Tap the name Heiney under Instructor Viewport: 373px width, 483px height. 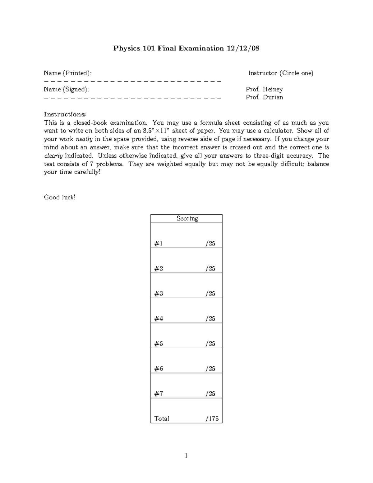click(273, 89)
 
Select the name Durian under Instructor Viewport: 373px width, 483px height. click(273, 97)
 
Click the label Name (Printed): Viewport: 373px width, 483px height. click(68, 73)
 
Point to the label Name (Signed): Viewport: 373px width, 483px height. click(66, 89)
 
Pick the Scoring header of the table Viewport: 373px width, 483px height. click(187, 218)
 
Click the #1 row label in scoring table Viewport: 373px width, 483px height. click(159, 244)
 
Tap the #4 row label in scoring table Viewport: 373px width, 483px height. click(159, 318)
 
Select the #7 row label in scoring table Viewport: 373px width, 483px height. click(159, 394)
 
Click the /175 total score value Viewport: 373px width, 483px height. click(212, 419)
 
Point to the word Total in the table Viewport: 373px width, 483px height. click(162, 419)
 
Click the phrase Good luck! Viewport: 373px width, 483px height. click(60, 197)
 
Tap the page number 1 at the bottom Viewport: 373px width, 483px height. click(186, 456)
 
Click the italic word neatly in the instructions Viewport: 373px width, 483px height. click(84, 139)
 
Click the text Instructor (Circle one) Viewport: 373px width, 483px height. click(281, 73)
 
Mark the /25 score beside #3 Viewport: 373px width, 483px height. click(210, 294)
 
